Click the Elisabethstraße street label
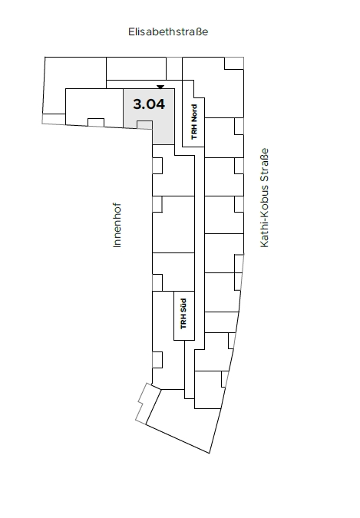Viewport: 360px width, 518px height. tap(168, 31)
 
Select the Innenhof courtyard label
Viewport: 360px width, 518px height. tap(117, 226)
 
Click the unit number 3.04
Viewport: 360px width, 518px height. tap(149, 104)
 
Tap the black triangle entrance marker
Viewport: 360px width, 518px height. tap(160, 87)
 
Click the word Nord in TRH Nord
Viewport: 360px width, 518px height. tap(194, 114)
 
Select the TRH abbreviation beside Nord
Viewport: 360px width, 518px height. tap(194, 132)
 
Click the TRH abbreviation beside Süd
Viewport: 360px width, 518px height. tap(183, 322)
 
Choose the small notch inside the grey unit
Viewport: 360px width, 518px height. tap(144, 125)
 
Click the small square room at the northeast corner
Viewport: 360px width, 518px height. tap(234, 63)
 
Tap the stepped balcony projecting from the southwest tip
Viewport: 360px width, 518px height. tap(144, 402)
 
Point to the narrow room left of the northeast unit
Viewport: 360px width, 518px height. tap(174, 68)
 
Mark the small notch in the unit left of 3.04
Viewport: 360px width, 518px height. tap(96, 122)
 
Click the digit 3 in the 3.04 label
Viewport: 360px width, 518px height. tap(137, 104)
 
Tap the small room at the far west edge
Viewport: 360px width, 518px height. tap(54, 119)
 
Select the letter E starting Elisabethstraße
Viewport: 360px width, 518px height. tap(131, 31)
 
